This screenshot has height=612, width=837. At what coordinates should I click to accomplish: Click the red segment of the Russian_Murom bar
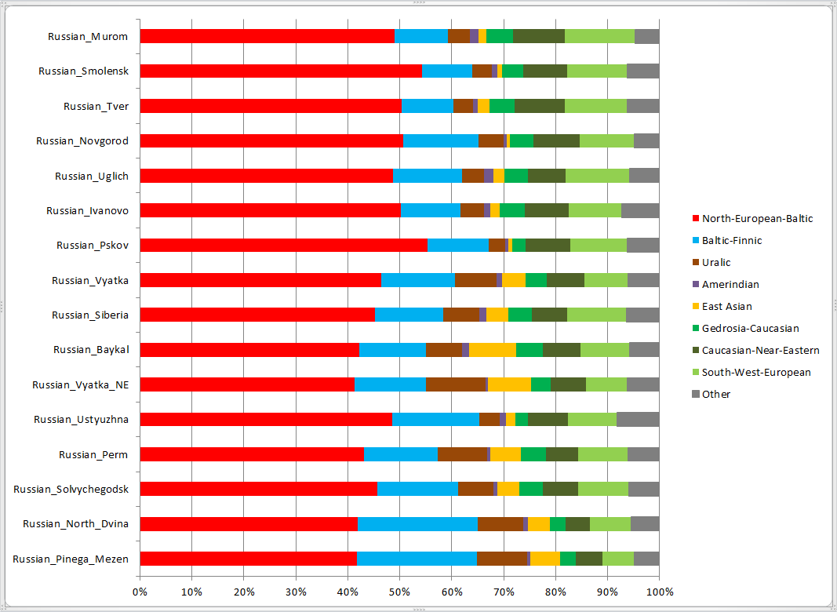point(267,36)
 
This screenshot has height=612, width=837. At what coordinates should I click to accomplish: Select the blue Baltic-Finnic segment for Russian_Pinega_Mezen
point(417,559)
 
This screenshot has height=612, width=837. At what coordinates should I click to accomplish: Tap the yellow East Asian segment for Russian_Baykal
point(492,350)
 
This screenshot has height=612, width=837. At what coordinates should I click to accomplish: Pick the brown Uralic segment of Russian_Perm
point(462,454)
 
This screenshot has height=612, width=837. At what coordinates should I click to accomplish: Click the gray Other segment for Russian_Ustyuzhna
point(638,419)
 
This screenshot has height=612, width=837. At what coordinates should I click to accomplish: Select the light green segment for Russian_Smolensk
point(596,71)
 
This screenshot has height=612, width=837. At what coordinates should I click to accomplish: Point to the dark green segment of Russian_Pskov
point(548,245)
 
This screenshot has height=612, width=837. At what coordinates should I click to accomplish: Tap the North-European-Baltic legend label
point(757,219)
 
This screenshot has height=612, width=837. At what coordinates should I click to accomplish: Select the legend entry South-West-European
point(756,373)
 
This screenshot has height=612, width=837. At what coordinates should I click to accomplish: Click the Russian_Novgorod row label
point(82,141)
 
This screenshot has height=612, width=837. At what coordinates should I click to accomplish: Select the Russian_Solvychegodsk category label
point(71,489)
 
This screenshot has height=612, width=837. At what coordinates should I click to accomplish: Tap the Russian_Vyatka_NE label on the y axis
point(80,384)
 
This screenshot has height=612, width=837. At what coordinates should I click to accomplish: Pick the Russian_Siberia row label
point(90,315)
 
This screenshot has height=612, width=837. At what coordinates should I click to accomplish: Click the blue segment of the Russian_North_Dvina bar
point(417,524)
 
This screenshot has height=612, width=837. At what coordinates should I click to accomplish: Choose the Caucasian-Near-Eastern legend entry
point(760,351)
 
